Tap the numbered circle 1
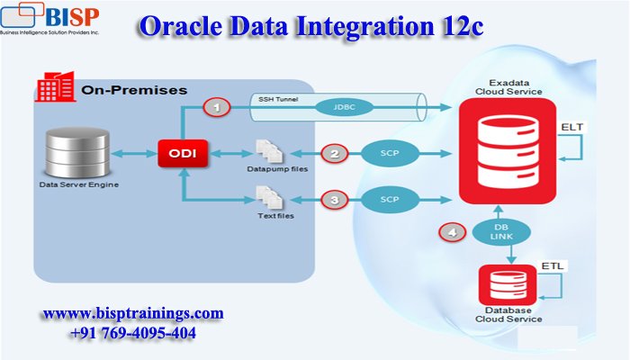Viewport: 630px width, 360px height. pos(215,108)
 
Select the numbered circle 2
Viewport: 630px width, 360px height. pos(336,154)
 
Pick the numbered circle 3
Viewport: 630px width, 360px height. pos(336,199)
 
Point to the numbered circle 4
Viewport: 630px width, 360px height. pos(451,233)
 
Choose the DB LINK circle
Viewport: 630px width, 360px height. pos(501,230)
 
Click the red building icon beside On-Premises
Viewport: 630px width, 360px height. pos(56,88)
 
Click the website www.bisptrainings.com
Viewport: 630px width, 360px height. pos(132,313)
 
